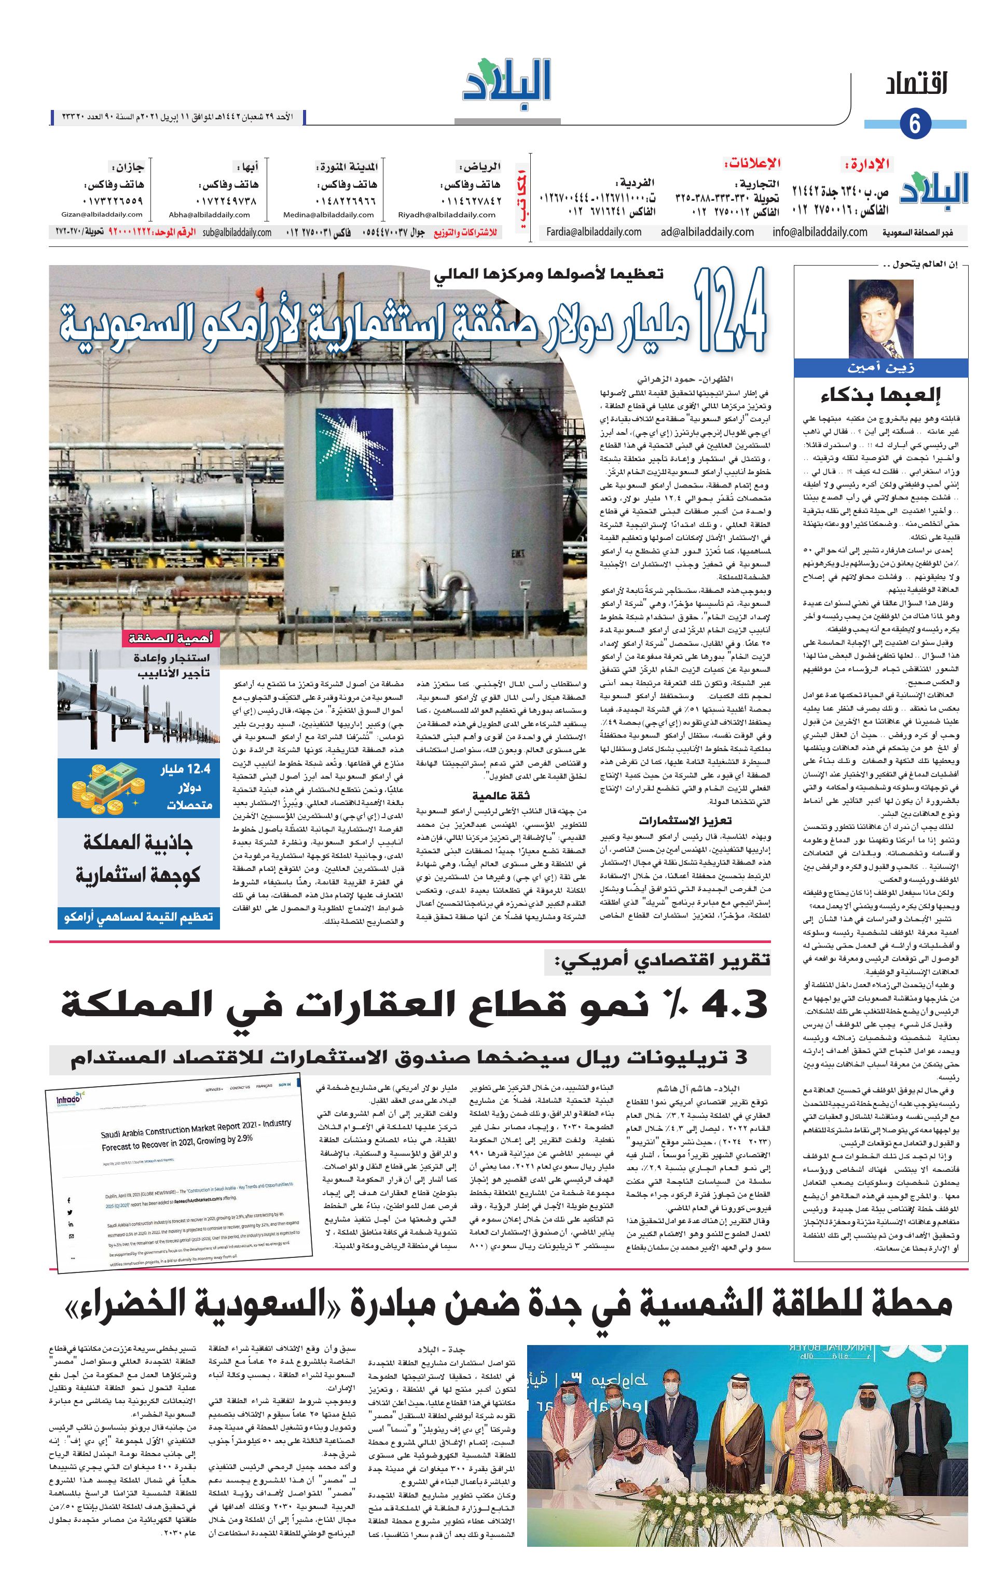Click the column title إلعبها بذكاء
point(879,396)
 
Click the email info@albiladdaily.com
point(819,232)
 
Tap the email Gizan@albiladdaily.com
point(101,214)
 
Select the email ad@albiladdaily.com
point(707,232)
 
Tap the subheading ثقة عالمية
point(500,796)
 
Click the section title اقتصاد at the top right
point(916,86)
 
